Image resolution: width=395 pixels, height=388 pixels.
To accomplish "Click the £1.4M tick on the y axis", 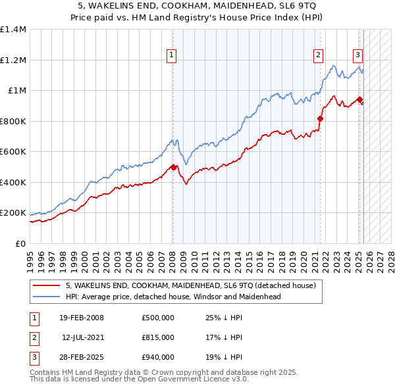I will (x=13, y=30).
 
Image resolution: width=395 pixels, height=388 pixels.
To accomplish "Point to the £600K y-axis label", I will (x=13, y=152).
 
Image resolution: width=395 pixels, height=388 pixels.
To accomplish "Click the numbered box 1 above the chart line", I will (x=171, y=55).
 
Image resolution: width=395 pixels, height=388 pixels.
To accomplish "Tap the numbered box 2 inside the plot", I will (x=319, y=55).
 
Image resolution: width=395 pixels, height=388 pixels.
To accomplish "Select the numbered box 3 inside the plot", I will (x=357, y=55).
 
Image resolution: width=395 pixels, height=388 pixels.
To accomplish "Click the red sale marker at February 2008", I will (x=173, y=167).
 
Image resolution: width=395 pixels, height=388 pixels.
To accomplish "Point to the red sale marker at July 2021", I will (x=321, y=119).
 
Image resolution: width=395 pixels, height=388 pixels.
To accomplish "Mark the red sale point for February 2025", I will (x=360, y=100).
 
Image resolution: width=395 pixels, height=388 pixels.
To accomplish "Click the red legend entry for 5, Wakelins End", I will (x=191, y=285).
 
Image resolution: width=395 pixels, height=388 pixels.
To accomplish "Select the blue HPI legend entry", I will (x=173, y=297).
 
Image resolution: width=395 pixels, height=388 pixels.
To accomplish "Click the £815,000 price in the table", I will (x=158, y=337).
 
